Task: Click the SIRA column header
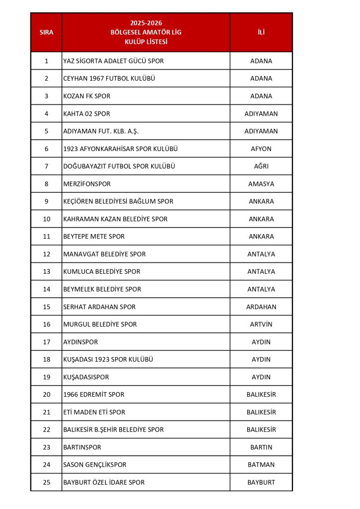(46, 32)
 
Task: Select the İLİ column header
(261, 32)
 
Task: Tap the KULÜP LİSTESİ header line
(146, 42)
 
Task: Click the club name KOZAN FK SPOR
(87, 96)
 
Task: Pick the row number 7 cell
(46, 166)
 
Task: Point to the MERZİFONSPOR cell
(87, 184)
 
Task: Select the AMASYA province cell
(261, 184)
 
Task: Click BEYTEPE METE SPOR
(94, 237)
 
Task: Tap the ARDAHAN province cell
(261, 307)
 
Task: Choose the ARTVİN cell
(261, 324)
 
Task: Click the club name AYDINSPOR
(81, 342)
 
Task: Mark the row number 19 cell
(46, 377)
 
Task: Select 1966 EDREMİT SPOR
(94, 395)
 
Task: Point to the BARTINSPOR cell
(82, 447)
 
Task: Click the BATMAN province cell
(261, 465)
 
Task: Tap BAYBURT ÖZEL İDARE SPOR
(104, 482)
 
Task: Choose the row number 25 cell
(46, 482)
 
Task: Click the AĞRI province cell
(261, 166)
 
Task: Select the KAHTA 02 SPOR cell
(87, 114)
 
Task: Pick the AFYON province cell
(261, 149)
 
